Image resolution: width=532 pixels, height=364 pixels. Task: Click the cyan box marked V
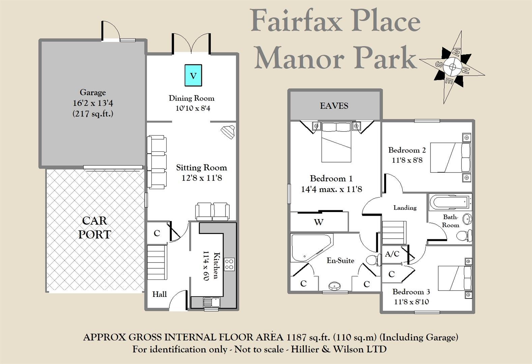(x=193, y=75)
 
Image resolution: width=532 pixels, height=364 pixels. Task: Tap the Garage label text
(x=93, y=92)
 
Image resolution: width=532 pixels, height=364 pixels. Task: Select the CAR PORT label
(x=94, y=227)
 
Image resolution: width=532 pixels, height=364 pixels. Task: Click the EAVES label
(x=334, y=105)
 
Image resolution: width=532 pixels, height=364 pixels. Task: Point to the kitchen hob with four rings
(x=230, y=264)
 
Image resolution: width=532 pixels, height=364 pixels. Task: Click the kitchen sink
(x=211, y=302)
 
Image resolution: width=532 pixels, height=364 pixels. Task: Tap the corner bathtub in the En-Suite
(x=308, y=248)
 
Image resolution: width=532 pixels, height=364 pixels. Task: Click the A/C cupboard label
(x=392, y=254)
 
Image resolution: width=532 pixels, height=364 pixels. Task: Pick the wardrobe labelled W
(x=319, y=222)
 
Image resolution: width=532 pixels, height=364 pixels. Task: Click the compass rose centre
(x=452, y=67)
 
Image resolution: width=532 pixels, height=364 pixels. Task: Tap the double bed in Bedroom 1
(x=336, y=142)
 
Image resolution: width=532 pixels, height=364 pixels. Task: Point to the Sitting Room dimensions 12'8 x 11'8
(x=202, y=178)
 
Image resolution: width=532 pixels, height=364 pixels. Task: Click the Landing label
(x=405, y=208)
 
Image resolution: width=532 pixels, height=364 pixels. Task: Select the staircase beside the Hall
(x=157, y=262)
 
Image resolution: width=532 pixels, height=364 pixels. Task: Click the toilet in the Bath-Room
(x=465, y=235)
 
